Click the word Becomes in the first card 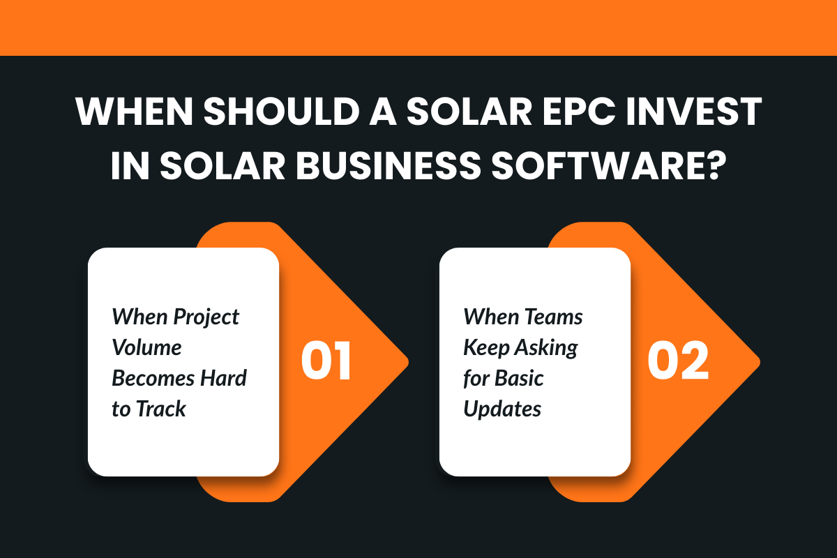(x=151, y=378)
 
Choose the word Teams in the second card (x=554, y=317)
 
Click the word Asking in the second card (x=548, y=347)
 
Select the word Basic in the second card (x=519, y=378)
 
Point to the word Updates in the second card (x=502, y=409)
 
